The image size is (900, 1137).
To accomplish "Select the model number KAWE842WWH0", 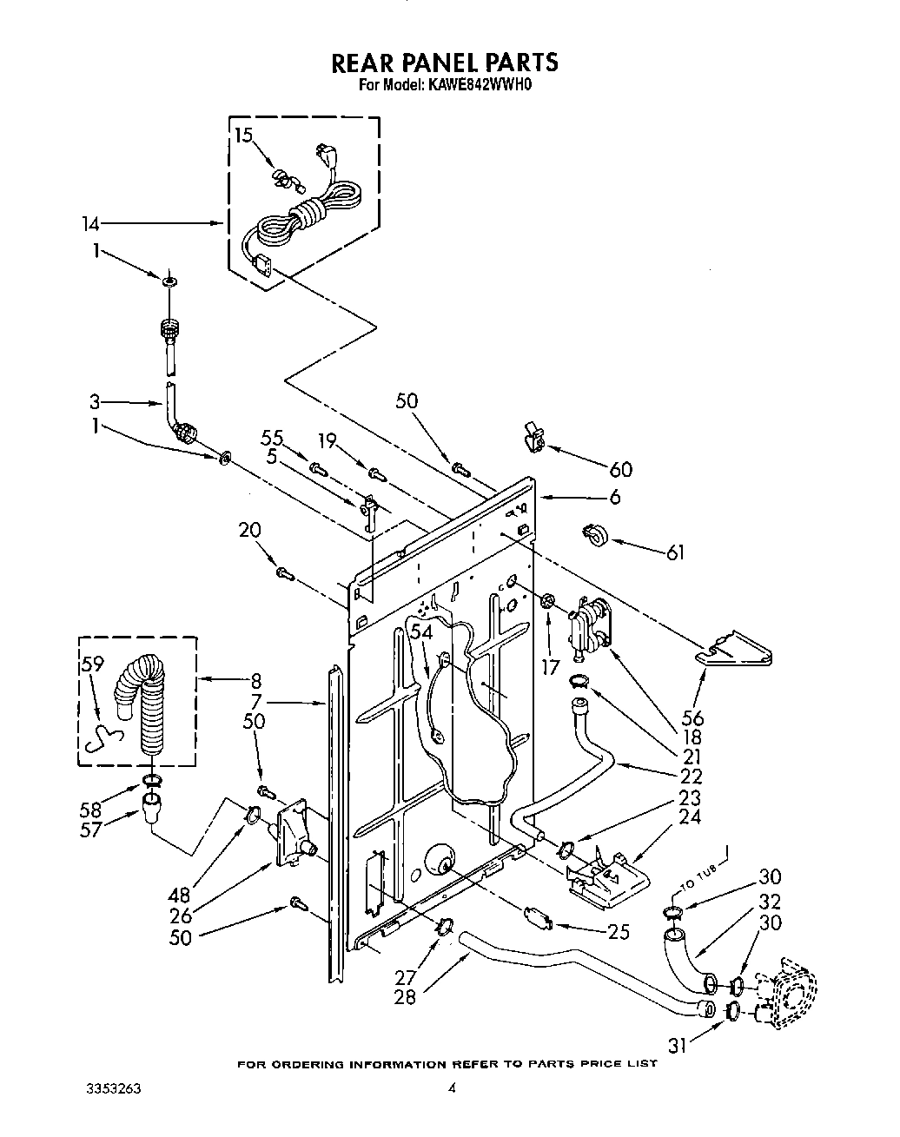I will [477, 86].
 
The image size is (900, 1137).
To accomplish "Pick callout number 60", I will [620, 469].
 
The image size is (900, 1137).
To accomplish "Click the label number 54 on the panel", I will [420, 634].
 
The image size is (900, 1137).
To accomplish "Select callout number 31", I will [678, 1047].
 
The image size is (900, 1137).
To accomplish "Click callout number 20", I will [251, 531].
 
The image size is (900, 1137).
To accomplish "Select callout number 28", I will [404, 996].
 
